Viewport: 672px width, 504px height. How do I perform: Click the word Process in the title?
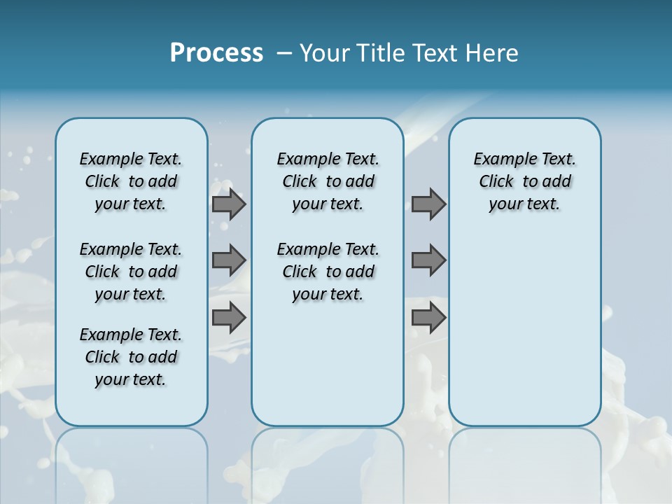[x=216, y=52]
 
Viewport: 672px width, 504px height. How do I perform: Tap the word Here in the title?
[x=493, y=52]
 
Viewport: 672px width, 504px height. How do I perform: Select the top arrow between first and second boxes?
[x=229, y=204]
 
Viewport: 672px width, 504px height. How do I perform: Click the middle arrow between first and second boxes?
[x=229, y=260]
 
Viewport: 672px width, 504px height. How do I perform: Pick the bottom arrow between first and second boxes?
[x=229, y=318]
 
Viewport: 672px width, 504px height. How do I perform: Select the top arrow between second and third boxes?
[x=428, y=204]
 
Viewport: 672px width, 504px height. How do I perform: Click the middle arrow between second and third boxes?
[x=428, y=260]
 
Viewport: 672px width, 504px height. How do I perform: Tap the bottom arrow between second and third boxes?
[x=428, y=318]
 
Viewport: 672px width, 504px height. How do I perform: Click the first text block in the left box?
[x=131, y=181]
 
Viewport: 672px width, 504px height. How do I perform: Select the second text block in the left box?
[x=131, y=272]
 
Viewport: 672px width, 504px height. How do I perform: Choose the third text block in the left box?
[x=131, y=357]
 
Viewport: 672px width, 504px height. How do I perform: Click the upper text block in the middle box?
[x=328, y=181]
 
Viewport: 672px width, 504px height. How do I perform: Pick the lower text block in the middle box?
[x=328, y=272]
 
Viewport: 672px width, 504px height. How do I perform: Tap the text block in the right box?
[x=525, y=181]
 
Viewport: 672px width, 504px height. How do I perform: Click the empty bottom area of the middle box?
[x=328, y=371]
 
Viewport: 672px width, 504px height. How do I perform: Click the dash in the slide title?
[x=284, y=52]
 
